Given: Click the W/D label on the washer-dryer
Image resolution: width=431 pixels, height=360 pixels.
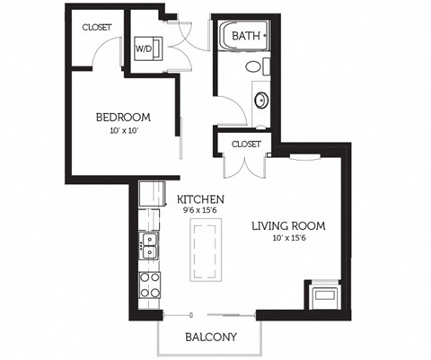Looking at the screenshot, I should pyautogui.click(x=144, y=48).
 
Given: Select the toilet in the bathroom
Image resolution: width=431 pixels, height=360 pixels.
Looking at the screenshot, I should pyautogui.click(x=254, y=67).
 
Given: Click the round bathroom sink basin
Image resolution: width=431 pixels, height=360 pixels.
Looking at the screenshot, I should pyautogui.click(x=261, y=100).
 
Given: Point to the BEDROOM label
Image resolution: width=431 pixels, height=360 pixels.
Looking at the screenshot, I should pyautogui.click(x=124, y=118).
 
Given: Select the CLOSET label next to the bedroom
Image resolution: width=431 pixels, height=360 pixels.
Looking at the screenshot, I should pyautogui.click(x=97, y=27).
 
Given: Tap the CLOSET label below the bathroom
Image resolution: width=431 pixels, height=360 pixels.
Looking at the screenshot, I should pyautogui.click(x=246, y=144).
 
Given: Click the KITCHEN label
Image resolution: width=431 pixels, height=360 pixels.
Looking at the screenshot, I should pyautogui.click(x=200, y=198).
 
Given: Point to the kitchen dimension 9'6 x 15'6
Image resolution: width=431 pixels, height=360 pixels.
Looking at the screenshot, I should pyautogui.click(x=200, y=210).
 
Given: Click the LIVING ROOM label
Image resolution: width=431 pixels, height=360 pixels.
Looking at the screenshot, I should pyautogui.click(x=287, y=226).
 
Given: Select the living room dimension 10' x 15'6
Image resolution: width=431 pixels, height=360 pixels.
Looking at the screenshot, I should pyautogui.click(x=287, y=239).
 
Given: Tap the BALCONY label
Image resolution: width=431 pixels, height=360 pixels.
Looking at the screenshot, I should pyautogui.click(x=210, y=338).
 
